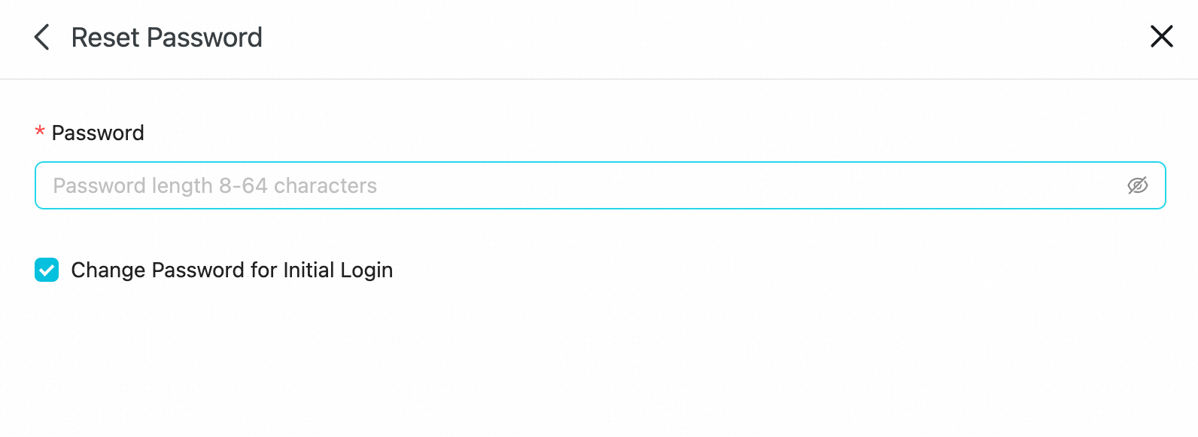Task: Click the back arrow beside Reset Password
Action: [x=41, y=37]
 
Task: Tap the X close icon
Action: [x=1162, y=36]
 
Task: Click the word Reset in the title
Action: [x=105, y=38]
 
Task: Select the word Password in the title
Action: [x=204, y=38]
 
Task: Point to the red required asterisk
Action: [x=40, y=131]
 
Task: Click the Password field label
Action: [x=98, y=133]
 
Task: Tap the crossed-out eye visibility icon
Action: [x=1138, y=185]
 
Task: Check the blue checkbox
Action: [x=47, y=270]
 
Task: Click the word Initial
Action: [x=309, y=270]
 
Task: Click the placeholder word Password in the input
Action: [x=99, y=186]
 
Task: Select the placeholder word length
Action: [x=182, y=186]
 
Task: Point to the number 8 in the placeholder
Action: [x=225, y=186]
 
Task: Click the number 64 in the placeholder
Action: [x=254, y=186]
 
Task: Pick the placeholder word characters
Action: [x=325, y=186]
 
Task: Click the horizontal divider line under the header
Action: [x=599, y=79]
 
